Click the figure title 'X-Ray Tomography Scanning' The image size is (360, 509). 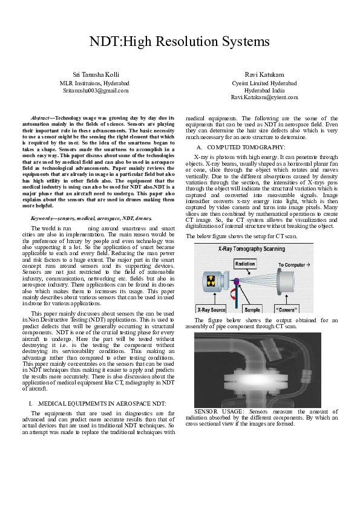pyautogui.click(x=248, y=248)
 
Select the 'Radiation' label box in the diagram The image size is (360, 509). pyautogui.click(x=244, y=264)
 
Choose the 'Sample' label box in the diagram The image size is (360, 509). pyautogui.click(x=252, y=308)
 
